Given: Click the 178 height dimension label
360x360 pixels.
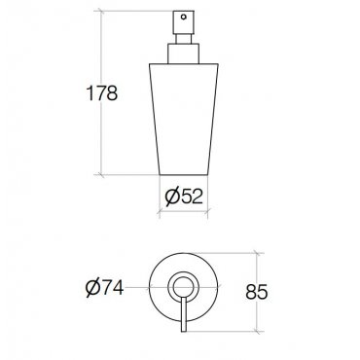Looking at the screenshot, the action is tap(102, 93).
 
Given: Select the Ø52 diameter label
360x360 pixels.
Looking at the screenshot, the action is tap(184, 197).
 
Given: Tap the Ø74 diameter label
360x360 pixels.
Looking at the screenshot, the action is tap(104, 287).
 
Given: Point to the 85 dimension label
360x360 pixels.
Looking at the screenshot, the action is tap(256, 292).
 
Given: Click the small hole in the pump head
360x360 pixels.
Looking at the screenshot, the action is tap(184, 17).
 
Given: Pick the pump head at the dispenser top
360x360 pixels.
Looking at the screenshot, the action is tap(184, 22).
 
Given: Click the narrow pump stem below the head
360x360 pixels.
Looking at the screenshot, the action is tap(184, 38).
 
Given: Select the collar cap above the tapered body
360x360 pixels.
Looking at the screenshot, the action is tap(183, 54).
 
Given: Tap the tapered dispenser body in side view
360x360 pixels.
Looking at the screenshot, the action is tap(184, 119).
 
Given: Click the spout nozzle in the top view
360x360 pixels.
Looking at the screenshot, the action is tap(184, 313).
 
